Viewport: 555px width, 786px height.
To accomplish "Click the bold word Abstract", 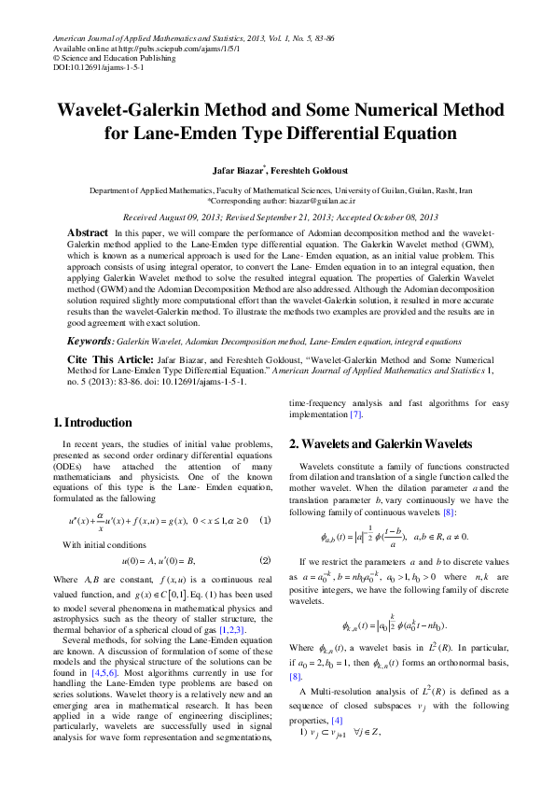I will point(88,232).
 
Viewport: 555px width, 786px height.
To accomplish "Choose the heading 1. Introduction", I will point(92,423).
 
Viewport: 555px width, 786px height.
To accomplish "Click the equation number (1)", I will point(264,520).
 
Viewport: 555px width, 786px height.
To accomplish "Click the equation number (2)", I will point(264,560).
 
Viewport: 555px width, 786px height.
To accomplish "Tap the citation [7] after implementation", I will point(355,414).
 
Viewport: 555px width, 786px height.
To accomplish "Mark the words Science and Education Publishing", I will point(121,58).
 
